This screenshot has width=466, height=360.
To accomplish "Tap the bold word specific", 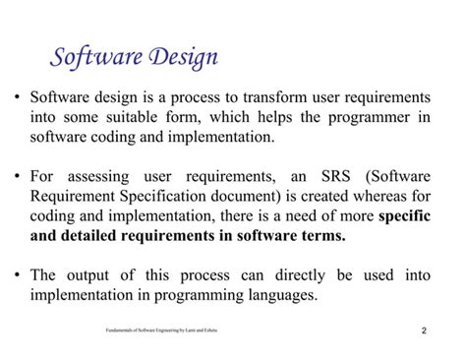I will (x=404, y=216).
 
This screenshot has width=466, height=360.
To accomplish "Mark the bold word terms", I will (x=320, y=236).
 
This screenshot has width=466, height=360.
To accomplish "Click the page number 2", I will (x=424, y=330).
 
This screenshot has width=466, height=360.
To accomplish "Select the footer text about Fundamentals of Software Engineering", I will (x=161, y=330).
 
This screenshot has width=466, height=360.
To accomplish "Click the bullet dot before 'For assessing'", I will (x=19, y=178).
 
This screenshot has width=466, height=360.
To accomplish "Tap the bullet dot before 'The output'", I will (x=19, y=276).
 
